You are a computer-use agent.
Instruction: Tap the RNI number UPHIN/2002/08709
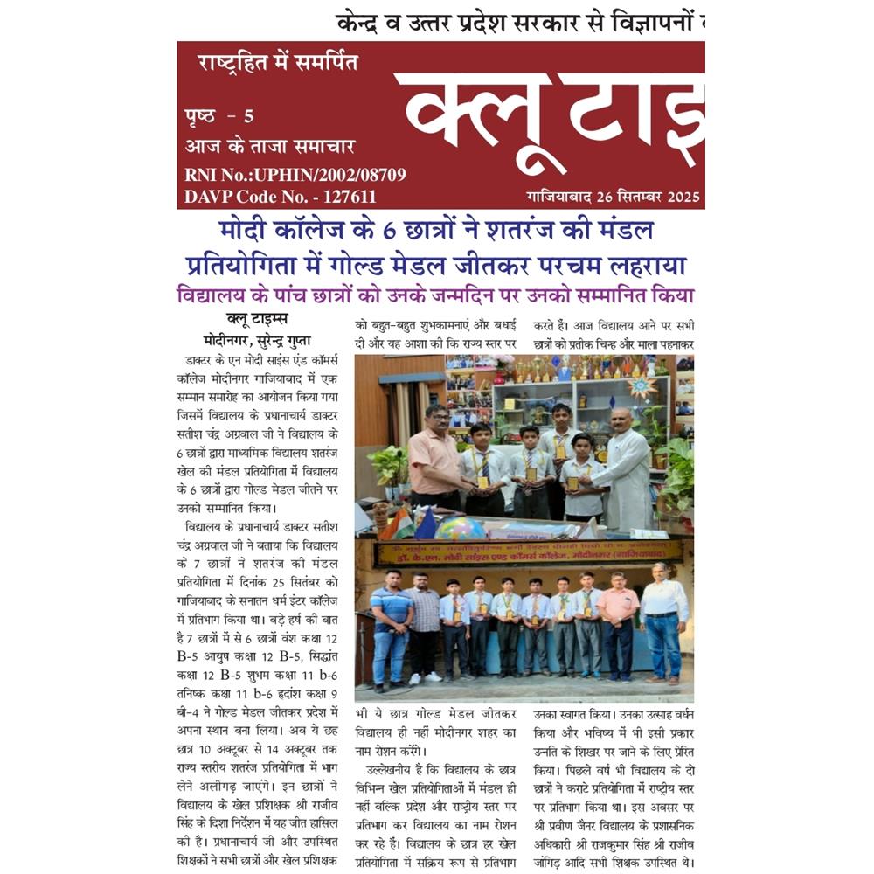tap(336, 175)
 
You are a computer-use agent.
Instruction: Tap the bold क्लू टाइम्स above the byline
tap(256, 319)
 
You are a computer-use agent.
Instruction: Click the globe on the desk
tap(460, 529)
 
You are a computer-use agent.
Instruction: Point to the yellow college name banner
tap(527, 552)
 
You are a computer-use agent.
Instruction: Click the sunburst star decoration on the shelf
tap(645, 388)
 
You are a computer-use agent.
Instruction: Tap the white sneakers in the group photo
tap(424, 677)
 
